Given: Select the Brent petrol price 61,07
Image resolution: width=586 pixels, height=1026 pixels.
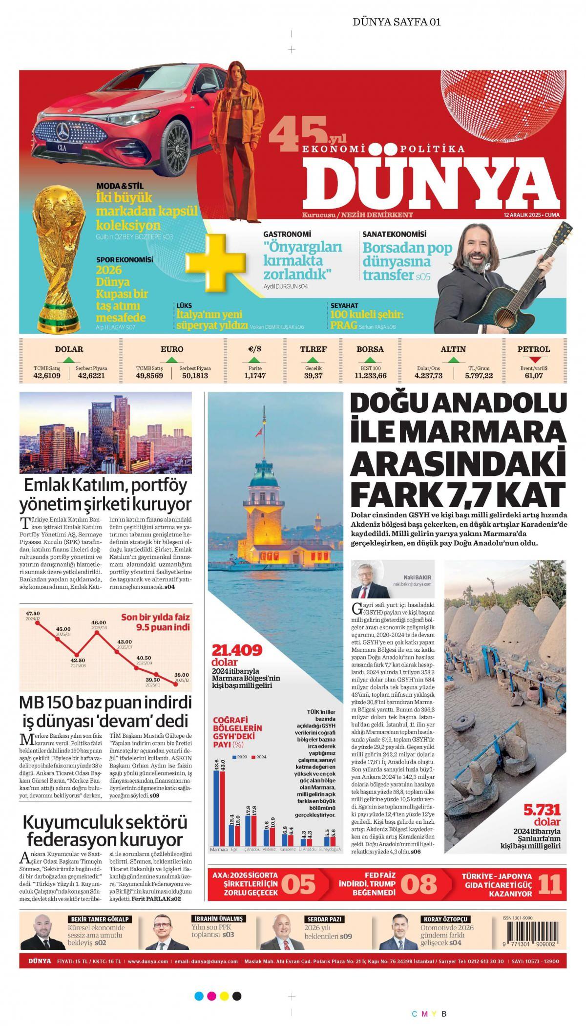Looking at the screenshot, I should click(x=533, y=376).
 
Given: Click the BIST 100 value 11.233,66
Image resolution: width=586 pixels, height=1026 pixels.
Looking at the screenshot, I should click(x=370, y=376).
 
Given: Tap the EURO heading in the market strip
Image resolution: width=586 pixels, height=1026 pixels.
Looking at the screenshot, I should click(x=172, y=349).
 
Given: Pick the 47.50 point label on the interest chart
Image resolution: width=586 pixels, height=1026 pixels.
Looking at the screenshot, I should click(x=33, y=613).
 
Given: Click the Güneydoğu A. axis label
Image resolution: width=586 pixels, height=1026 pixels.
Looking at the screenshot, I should click(x=330, y=850).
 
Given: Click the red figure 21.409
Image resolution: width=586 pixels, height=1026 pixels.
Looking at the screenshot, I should click(x=237, y=650).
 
